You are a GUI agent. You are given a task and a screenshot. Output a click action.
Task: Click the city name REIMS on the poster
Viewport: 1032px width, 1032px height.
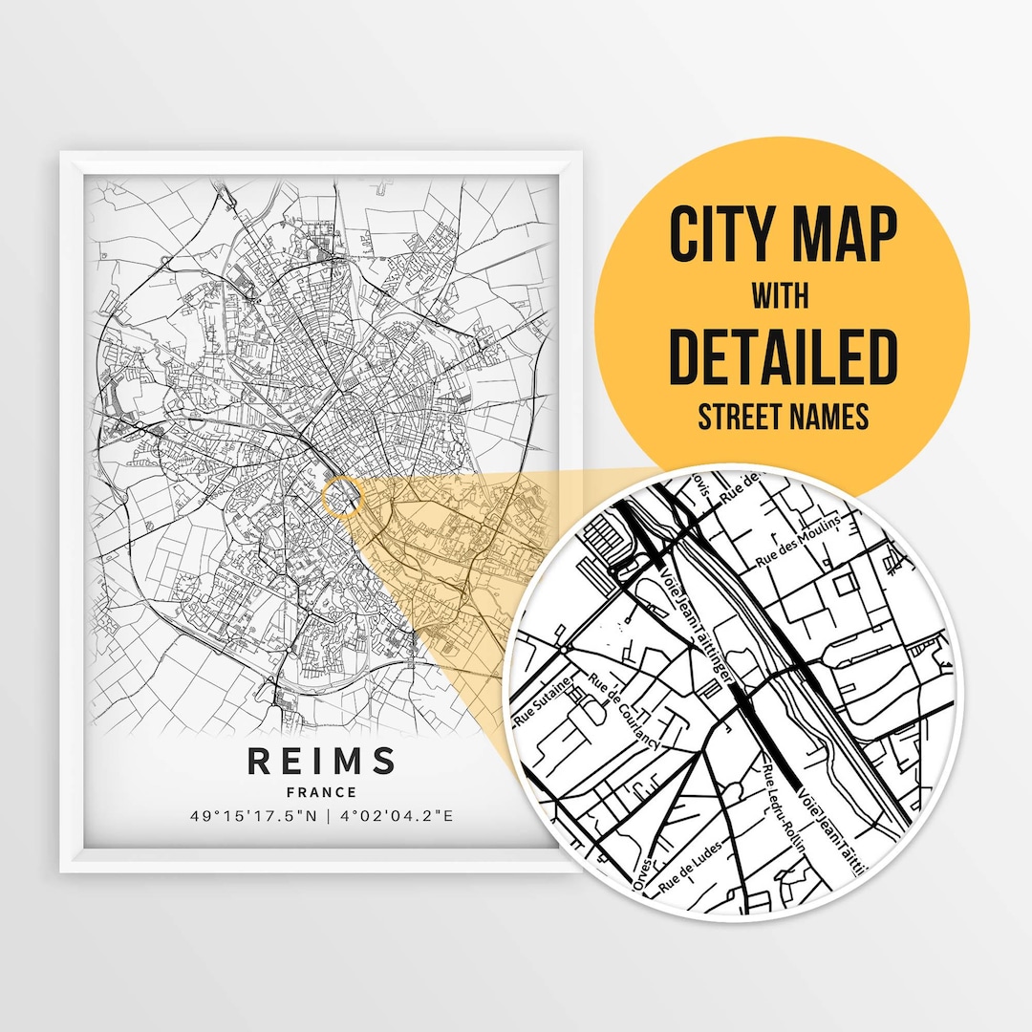[321, 762]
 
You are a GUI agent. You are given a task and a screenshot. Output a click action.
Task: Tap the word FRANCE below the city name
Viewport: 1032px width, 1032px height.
[321, 792]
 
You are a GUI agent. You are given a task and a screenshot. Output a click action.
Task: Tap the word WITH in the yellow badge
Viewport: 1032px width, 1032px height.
[781, 297]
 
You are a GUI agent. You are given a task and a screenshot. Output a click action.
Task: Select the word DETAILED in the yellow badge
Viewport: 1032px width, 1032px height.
[783, 356]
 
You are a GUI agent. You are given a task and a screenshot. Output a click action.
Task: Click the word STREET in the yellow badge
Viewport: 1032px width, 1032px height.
[741, 417]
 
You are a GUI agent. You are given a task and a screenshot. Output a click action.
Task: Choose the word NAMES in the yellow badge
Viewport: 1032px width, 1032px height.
[830, 417]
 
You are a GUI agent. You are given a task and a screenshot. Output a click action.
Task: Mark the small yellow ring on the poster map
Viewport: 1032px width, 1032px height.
[342, 497]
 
